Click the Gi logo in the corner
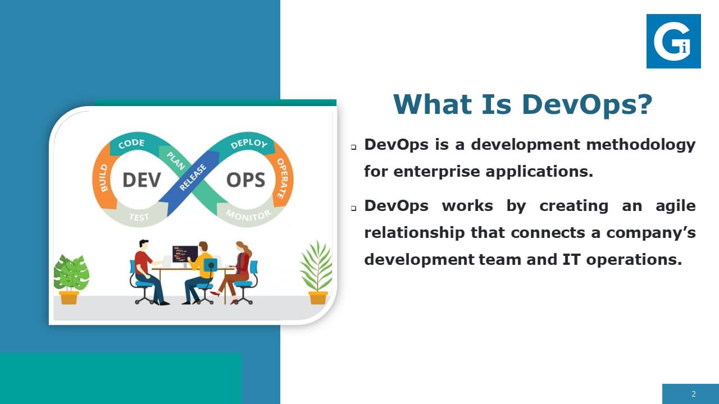674,41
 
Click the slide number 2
694,394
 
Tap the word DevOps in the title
587,104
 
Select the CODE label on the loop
131,144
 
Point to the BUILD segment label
104,178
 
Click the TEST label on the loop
139,217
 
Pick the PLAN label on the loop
176,160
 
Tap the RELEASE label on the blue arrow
193,177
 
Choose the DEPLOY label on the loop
249,144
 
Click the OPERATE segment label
283,178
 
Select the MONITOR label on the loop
248,215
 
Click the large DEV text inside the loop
142,180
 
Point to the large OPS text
246,180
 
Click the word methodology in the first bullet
641,145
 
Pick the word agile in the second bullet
675,206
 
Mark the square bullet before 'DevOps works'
353,208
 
